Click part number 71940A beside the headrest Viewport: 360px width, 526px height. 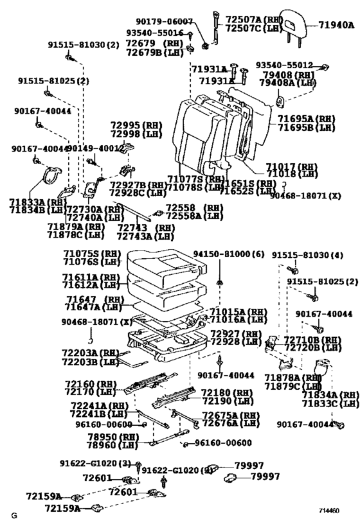pos(336,26)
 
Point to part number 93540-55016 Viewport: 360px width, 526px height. pos(154,33)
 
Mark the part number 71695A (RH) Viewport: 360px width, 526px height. pos(306,119)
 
